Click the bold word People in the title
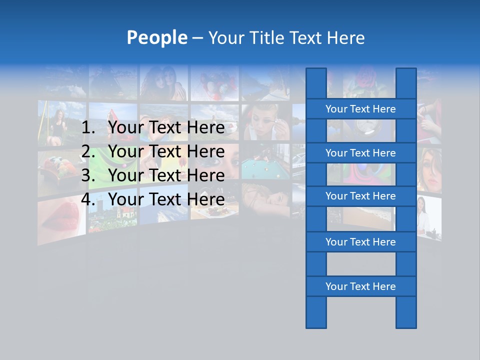pos(156,37)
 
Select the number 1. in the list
pos(88,128)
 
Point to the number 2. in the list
pos(88,151)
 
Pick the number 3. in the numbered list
pos(88,175)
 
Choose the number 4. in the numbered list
pos(88,199)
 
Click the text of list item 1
pos(166,128)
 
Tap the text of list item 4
pos(166,199)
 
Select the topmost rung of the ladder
pos(360,109)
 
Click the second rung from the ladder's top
pos(360,153)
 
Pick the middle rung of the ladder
pos(360,196)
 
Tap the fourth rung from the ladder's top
pos(360,242)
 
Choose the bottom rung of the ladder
pos(360,286)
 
